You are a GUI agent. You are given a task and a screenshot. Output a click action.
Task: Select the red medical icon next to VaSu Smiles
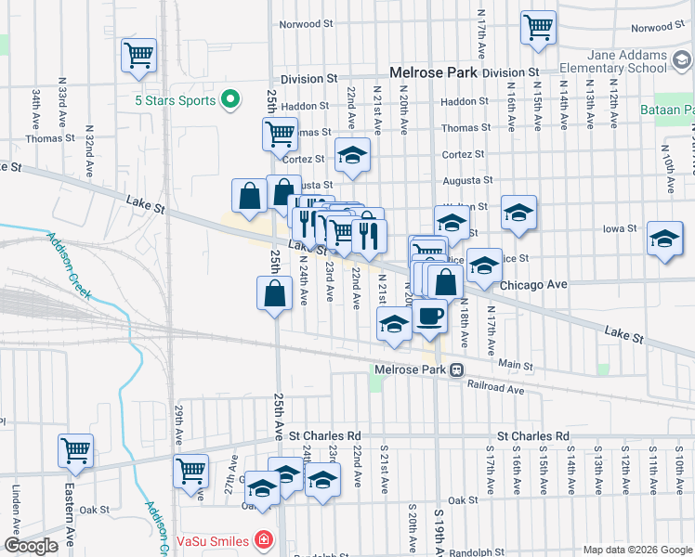coord(264,540)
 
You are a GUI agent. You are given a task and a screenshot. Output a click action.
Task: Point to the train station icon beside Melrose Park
coord(457,369)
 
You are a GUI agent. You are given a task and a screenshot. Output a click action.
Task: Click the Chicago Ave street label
coord(533,285)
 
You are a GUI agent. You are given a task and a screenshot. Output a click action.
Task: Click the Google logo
coord(31,546)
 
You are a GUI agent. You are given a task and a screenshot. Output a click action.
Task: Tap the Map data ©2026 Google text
coord(636,550)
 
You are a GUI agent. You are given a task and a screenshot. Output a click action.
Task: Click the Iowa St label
coord(619,227)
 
